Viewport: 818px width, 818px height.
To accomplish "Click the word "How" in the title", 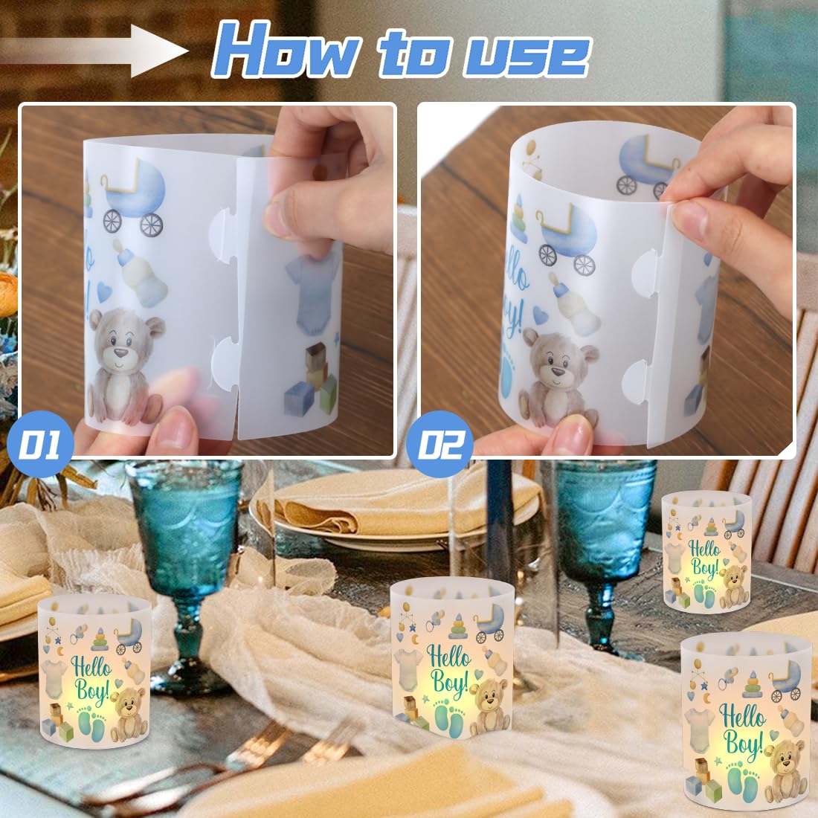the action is [284, 51].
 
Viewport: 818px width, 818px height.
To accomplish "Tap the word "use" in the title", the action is [527, 55].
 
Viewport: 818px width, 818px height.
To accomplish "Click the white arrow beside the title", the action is [94, 51].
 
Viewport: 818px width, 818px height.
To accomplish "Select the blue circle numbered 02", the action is [439, 444].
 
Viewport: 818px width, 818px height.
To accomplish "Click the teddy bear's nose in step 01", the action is [120, 352].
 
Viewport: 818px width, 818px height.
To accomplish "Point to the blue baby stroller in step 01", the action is [134, 196].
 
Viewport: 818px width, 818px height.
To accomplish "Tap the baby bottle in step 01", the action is [140, 274].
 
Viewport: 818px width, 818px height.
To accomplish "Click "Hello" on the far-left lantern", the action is [91, 669].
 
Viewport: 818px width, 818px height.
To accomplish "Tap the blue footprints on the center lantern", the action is [448, 718].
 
